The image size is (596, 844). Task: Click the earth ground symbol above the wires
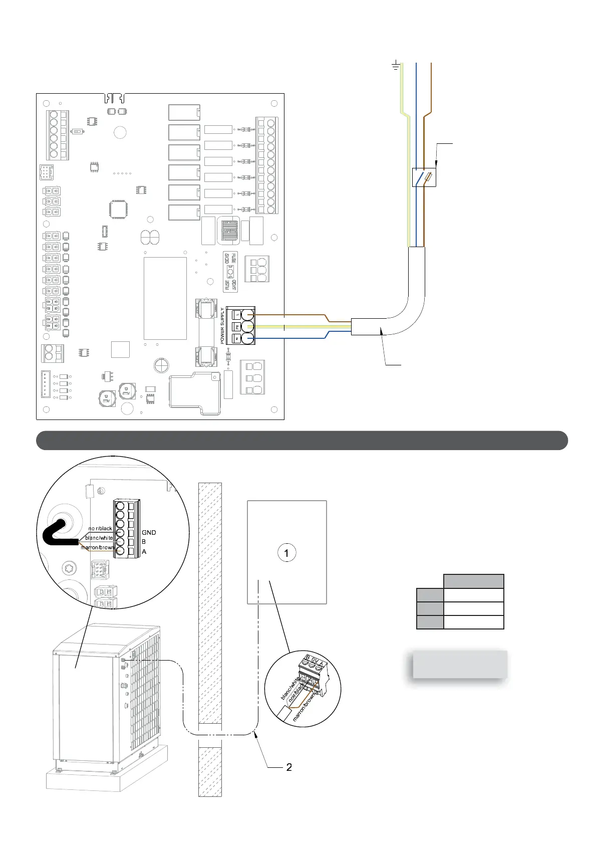395,65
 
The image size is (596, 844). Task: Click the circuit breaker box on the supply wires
424,177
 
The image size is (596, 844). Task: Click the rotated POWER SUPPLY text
223,326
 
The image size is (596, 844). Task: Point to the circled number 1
286,553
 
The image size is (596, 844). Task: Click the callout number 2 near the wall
288,767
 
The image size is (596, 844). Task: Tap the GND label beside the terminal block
149,532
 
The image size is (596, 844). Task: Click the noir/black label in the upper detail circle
100,529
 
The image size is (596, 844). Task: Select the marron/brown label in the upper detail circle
97,547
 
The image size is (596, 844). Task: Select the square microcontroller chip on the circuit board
119,209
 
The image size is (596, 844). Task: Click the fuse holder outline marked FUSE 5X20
230,272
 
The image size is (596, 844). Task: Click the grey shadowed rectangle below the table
459,665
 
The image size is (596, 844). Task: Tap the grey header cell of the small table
473,581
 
